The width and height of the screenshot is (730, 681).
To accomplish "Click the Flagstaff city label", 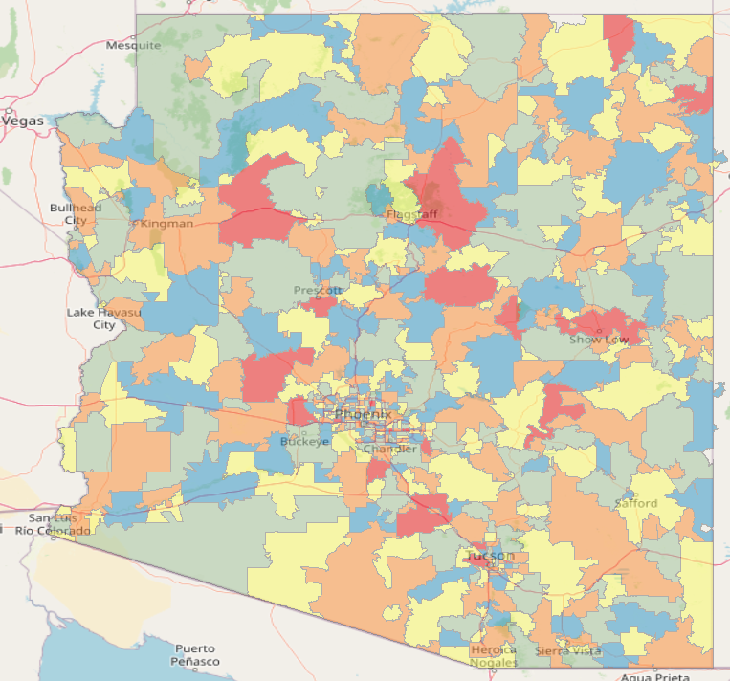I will click(x=411, y=215).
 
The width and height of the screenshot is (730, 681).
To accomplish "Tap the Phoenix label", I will click(x=363, y=414).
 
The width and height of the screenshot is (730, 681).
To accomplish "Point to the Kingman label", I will click(x=167, y=224).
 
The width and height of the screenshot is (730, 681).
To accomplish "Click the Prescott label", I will click(x=318, y=290).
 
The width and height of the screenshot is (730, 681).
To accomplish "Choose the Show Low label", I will click(x=599, y=340).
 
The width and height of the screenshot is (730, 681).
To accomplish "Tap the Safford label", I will click(x=636, y=503).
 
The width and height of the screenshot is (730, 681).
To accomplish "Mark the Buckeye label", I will click(x=304, y=442).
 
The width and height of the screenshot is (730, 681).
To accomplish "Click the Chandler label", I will click(x=390, y=450).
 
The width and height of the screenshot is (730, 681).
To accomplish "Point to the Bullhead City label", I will click(x=76, y=213).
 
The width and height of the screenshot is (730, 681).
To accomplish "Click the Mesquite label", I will click(x=133, y=45).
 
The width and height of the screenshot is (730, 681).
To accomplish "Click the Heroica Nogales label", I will click(x=494, y=656).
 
